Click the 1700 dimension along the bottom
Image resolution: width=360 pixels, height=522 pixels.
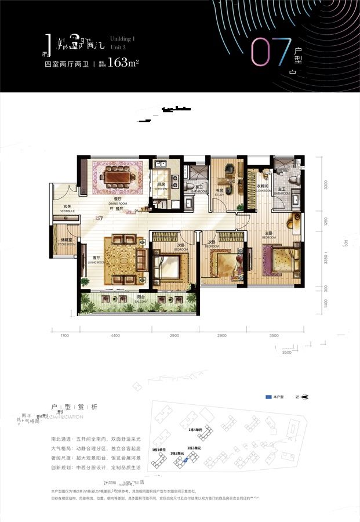(x=64, y=336)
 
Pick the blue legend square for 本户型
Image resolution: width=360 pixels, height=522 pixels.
(x=268, y=397)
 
